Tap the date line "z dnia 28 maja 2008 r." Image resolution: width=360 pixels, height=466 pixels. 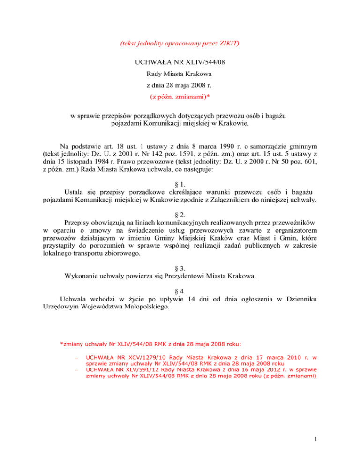180,85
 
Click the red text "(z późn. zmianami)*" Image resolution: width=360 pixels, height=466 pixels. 180,98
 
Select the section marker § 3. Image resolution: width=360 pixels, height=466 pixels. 180,266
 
